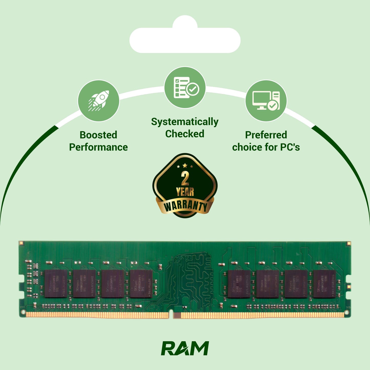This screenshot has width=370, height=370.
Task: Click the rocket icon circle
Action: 98,101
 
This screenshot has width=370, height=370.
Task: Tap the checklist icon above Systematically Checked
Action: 185,88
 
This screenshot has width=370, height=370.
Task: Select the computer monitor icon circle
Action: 266,101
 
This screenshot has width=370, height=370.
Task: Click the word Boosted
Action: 98,135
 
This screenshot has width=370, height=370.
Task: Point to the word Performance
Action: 98,147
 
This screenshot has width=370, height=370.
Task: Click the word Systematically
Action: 185,122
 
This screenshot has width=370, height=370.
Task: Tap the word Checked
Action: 185,134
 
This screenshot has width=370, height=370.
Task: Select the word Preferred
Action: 266,135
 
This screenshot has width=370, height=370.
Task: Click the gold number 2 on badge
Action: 185,178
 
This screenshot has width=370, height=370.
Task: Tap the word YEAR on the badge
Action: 185,192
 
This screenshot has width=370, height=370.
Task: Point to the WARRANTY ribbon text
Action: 185,206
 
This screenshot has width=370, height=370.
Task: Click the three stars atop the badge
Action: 185,166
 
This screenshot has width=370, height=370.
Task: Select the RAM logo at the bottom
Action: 185,348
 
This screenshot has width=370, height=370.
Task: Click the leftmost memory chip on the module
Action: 56,283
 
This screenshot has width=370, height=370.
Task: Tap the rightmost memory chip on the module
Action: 324,284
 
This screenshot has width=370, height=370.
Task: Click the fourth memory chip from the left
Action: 141,283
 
